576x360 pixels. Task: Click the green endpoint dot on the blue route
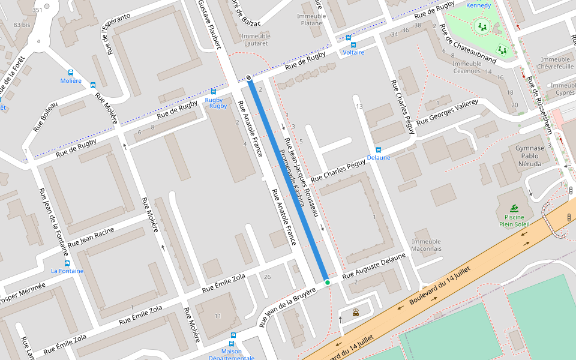tap(327, 282)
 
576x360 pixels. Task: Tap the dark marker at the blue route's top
tap(248, 77)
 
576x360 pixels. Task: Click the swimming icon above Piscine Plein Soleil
tap(514, 208)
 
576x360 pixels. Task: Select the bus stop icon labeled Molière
tap(71, 72)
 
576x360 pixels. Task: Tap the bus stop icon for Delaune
tap(378, 149)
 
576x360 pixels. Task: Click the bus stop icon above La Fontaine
tap(67, 263)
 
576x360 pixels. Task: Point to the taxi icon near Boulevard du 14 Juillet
tap(356, 311)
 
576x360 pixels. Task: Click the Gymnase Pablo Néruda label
tap(530, 155)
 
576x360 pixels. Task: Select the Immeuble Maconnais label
tap(426, 245)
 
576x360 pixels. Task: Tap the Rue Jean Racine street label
tap(91, 236)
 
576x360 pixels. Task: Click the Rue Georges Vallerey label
tap(447, 111)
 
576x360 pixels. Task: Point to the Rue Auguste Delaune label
tap(374, 266)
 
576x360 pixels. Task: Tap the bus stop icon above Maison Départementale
tap(233, 335)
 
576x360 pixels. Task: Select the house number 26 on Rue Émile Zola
tap(267, 277)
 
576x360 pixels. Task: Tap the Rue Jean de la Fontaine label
tap(52, 223)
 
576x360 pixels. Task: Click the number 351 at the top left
tap(37, 10)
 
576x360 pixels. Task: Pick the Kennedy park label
tap(478, 5)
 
